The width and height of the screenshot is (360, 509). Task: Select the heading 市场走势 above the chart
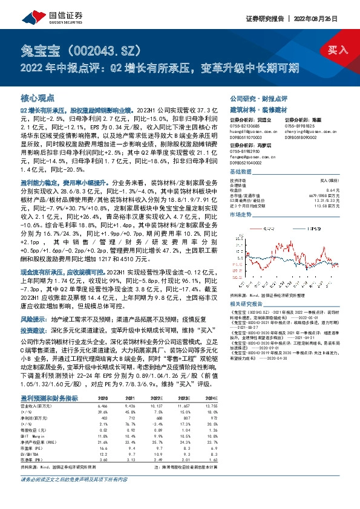[x=240, y=215]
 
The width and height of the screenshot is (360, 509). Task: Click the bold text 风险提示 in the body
[x=34, y=317]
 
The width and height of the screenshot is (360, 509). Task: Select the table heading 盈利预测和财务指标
[x=48, y=398]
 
